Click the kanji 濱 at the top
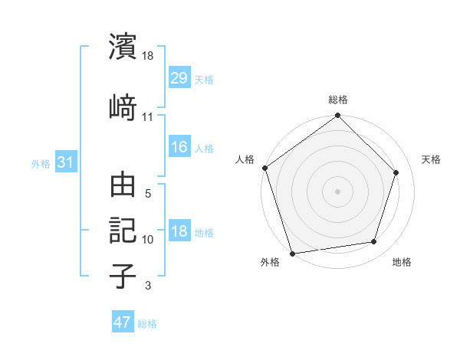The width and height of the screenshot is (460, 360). (123, 47)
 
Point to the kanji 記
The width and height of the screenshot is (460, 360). (123, 231)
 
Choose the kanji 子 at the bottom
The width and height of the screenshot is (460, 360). (123, 276)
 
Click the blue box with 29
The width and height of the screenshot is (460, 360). (179, 79)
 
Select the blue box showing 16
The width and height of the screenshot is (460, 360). (179, 148)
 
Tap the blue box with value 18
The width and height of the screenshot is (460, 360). (179, 232)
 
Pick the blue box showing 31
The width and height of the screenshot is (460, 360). (65, 162)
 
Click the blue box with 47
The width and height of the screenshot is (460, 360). (123, 322)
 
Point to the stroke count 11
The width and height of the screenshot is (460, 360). (148, 117)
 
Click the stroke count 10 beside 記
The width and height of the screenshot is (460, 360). (148, 240)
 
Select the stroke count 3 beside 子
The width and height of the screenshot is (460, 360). (148, 286)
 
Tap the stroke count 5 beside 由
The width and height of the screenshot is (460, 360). (148, 194)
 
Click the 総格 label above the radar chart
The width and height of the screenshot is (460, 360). (338, 100)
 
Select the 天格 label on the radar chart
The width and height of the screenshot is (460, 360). (432, 159)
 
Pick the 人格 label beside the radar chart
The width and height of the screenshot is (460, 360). (245, 159)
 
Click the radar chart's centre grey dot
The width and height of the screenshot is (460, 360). (337, 191)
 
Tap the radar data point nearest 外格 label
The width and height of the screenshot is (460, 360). (292, 253)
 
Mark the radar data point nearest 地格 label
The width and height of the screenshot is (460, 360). (374, 242)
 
